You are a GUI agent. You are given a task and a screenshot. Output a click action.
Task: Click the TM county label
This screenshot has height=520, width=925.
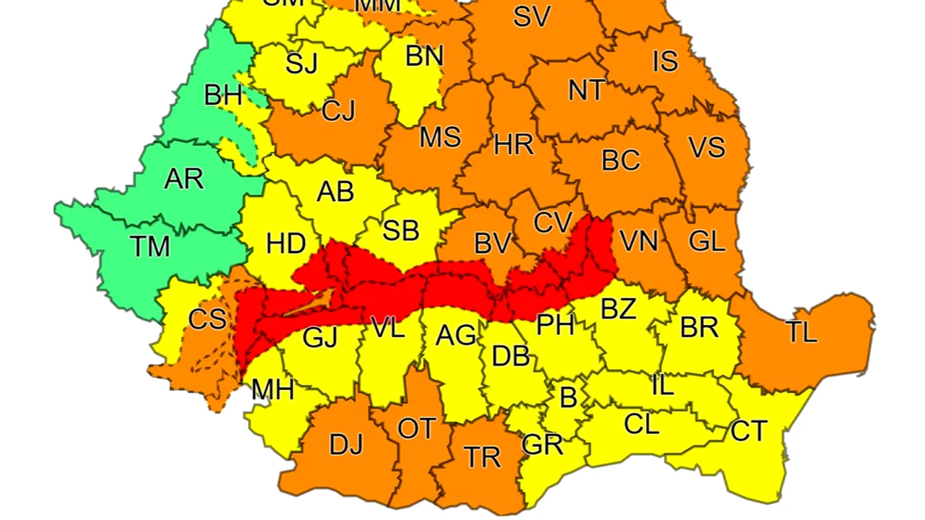click(x=150, y=246)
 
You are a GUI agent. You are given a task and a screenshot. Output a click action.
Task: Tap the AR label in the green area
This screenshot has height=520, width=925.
click(x=184, y=178)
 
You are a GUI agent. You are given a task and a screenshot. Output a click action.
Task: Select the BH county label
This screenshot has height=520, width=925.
click(x=223, y=95)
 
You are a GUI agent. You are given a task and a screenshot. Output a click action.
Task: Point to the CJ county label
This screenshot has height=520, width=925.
click(x=338, y=111)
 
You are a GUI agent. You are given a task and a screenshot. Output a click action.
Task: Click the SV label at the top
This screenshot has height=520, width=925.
click(x=532, y=17)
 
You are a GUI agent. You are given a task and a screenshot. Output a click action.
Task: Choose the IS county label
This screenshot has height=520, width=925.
click(x=665, y=61)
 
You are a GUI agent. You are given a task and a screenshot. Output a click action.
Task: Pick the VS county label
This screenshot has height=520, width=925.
click(x=706, y=147)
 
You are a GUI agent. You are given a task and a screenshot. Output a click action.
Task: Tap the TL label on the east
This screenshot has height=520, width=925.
click(x=801, y=332)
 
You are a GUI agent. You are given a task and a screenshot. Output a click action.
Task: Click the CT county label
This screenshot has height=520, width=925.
click(x=748, y=431)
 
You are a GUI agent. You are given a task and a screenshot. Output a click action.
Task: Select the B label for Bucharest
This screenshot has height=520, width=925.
click(x=569, y=397)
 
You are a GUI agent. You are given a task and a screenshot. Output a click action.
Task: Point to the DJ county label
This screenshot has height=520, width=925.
click(x=345, y=445)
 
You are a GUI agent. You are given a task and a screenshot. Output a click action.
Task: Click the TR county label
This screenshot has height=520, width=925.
click(x=481, y=456)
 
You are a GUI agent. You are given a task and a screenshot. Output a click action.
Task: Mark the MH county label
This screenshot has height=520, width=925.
click(x=272, y=391)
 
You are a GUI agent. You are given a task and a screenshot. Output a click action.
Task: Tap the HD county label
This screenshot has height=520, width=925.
click(x=285, y=244)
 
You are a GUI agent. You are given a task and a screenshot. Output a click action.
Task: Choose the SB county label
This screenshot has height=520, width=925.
click(x=400, y=231)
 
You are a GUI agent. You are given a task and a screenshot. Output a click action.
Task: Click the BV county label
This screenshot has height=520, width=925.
click(x=492, y=244)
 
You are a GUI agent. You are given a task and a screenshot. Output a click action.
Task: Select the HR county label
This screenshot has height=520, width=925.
click(x=514, y=145)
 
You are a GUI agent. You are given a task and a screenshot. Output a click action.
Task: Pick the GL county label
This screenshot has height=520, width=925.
click(x=706, y=241)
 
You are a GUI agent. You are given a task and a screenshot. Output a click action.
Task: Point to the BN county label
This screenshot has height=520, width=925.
click(x=424, y=56)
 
